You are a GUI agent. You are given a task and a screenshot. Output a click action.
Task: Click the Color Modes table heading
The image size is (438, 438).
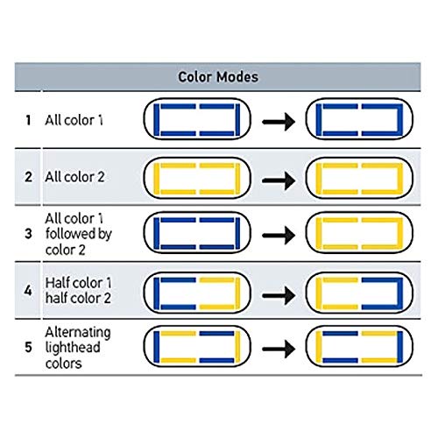(x=218, y=77)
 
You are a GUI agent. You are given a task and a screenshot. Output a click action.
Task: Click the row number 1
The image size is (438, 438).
(x=28, y=120)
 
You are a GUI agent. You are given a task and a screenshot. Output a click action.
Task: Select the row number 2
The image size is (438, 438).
(x=28, y=177)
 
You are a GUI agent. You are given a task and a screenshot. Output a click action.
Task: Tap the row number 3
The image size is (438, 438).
(x=28, y=234)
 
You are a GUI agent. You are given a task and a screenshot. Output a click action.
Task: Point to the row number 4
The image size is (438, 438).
(x=28, y=290)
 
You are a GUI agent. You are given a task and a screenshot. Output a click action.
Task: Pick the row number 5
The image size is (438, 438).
(x=28, y=347)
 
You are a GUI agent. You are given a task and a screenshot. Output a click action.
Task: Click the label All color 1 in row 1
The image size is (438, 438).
(x=74, y=120)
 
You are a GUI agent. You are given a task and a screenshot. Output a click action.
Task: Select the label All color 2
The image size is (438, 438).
(x=74, y=177)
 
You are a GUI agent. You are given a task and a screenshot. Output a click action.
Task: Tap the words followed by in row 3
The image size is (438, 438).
(x=79, y=234)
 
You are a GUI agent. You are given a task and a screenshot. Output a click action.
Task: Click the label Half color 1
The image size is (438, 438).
(x=78, y=283)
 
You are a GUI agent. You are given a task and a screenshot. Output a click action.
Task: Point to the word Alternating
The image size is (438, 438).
(x=78, y=333)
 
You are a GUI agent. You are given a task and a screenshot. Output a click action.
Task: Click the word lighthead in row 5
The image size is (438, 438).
(x=73, y=348)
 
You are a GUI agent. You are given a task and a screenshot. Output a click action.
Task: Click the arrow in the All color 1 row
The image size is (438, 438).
(x=279, y=122)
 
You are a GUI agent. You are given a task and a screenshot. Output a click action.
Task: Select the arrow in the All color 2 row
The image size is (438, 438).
(x=279, y=180)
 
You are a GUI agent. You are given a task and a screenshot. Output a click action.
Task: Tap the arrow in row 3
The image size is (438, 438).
(x=279, y=235)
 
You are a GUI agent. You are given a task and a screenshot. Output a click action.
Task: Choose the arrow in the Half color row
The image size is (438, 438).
(x=279, y=295)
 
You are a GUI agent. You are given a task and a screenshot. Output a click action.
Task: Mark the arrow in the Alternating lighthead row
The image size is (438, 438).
(x=279, y=349)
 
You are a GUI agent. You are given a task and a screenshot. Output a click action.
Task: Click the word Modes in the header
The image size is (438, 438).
(x=237, y=77)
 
